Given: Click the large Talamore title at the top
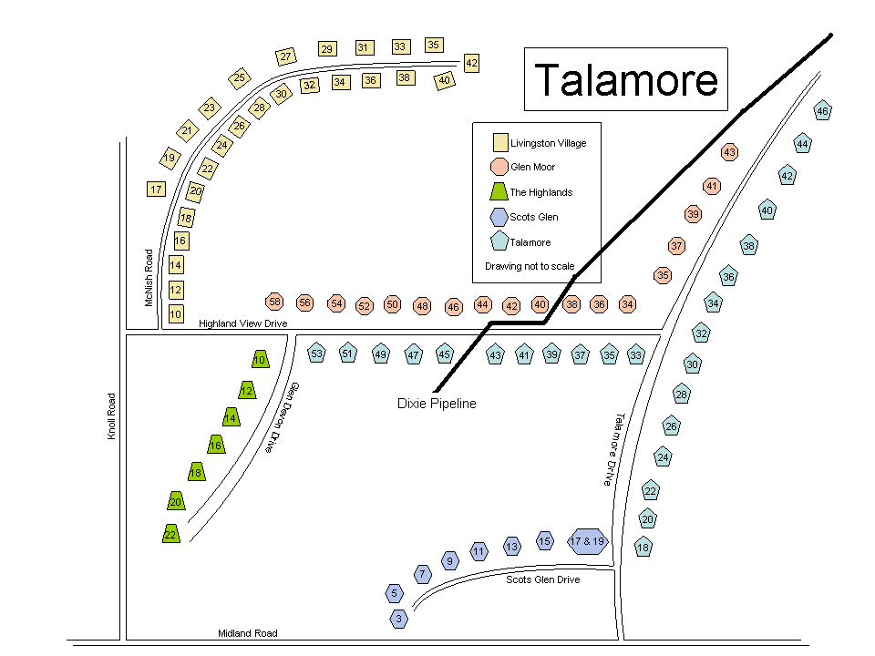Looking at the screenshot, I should pyautogui.click(x=625, y=80).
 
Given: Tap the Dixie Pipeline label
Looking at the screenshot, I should pyautogui.click(x=437, y=404).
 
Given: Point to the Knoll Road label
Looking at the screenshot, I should pyautogui.click(x=112, y=416).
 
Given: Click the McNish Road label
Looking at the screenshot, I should pyautogui.click(x=149, y=278).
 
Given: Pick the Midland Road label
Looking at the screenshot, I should pyautogui.click(x=248, y=633).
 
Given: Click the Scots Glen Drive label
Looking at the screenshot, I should pyautogui.click(x=542, y=579).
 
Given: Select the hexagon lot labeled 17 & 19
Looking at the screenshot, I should pyautogui.click(x=587, y=541).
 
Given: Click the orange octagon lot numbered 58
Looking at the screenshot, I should pyautogui.click(x=274, y=302).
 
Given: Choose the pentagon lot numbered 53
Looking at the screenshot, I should pyautogui.click(x=316, y=354).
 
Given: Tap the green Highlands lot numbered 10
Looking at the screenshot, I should pyautogui.click(x=260, y=360).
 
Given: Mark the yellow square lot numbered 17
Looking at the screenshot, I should pyautogui.click(x=156, y=190).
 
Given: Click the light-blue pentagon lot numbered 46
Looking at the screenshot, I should pyautogui.click(x=822, y=111).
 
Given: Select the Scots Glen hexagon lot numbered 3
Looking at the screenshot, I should pyautogui.click(x=399, y=619).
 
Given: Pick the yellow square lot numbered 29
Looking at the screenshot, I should pyautogui.click(x=326, y=49).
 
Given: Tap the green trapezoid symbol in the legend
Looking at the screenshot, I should pyautogui.click(x=499, y=191).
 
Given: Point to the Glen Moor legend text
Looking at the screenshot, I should pyautogui.click(x=532, y=167).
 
